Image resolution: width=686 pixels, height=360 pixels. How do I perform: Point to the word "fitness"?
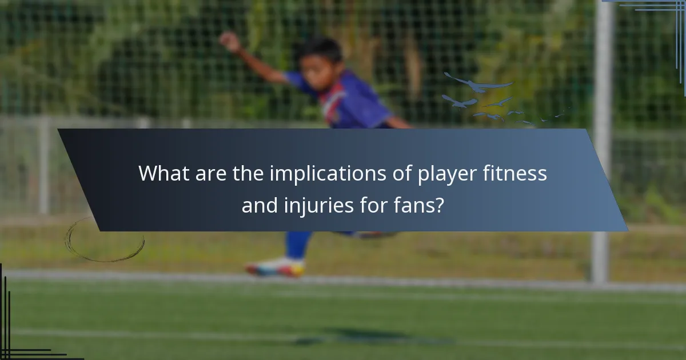point(519,173)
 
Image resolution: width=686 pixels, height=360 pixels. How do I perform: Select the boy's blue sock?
point(298,245)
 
